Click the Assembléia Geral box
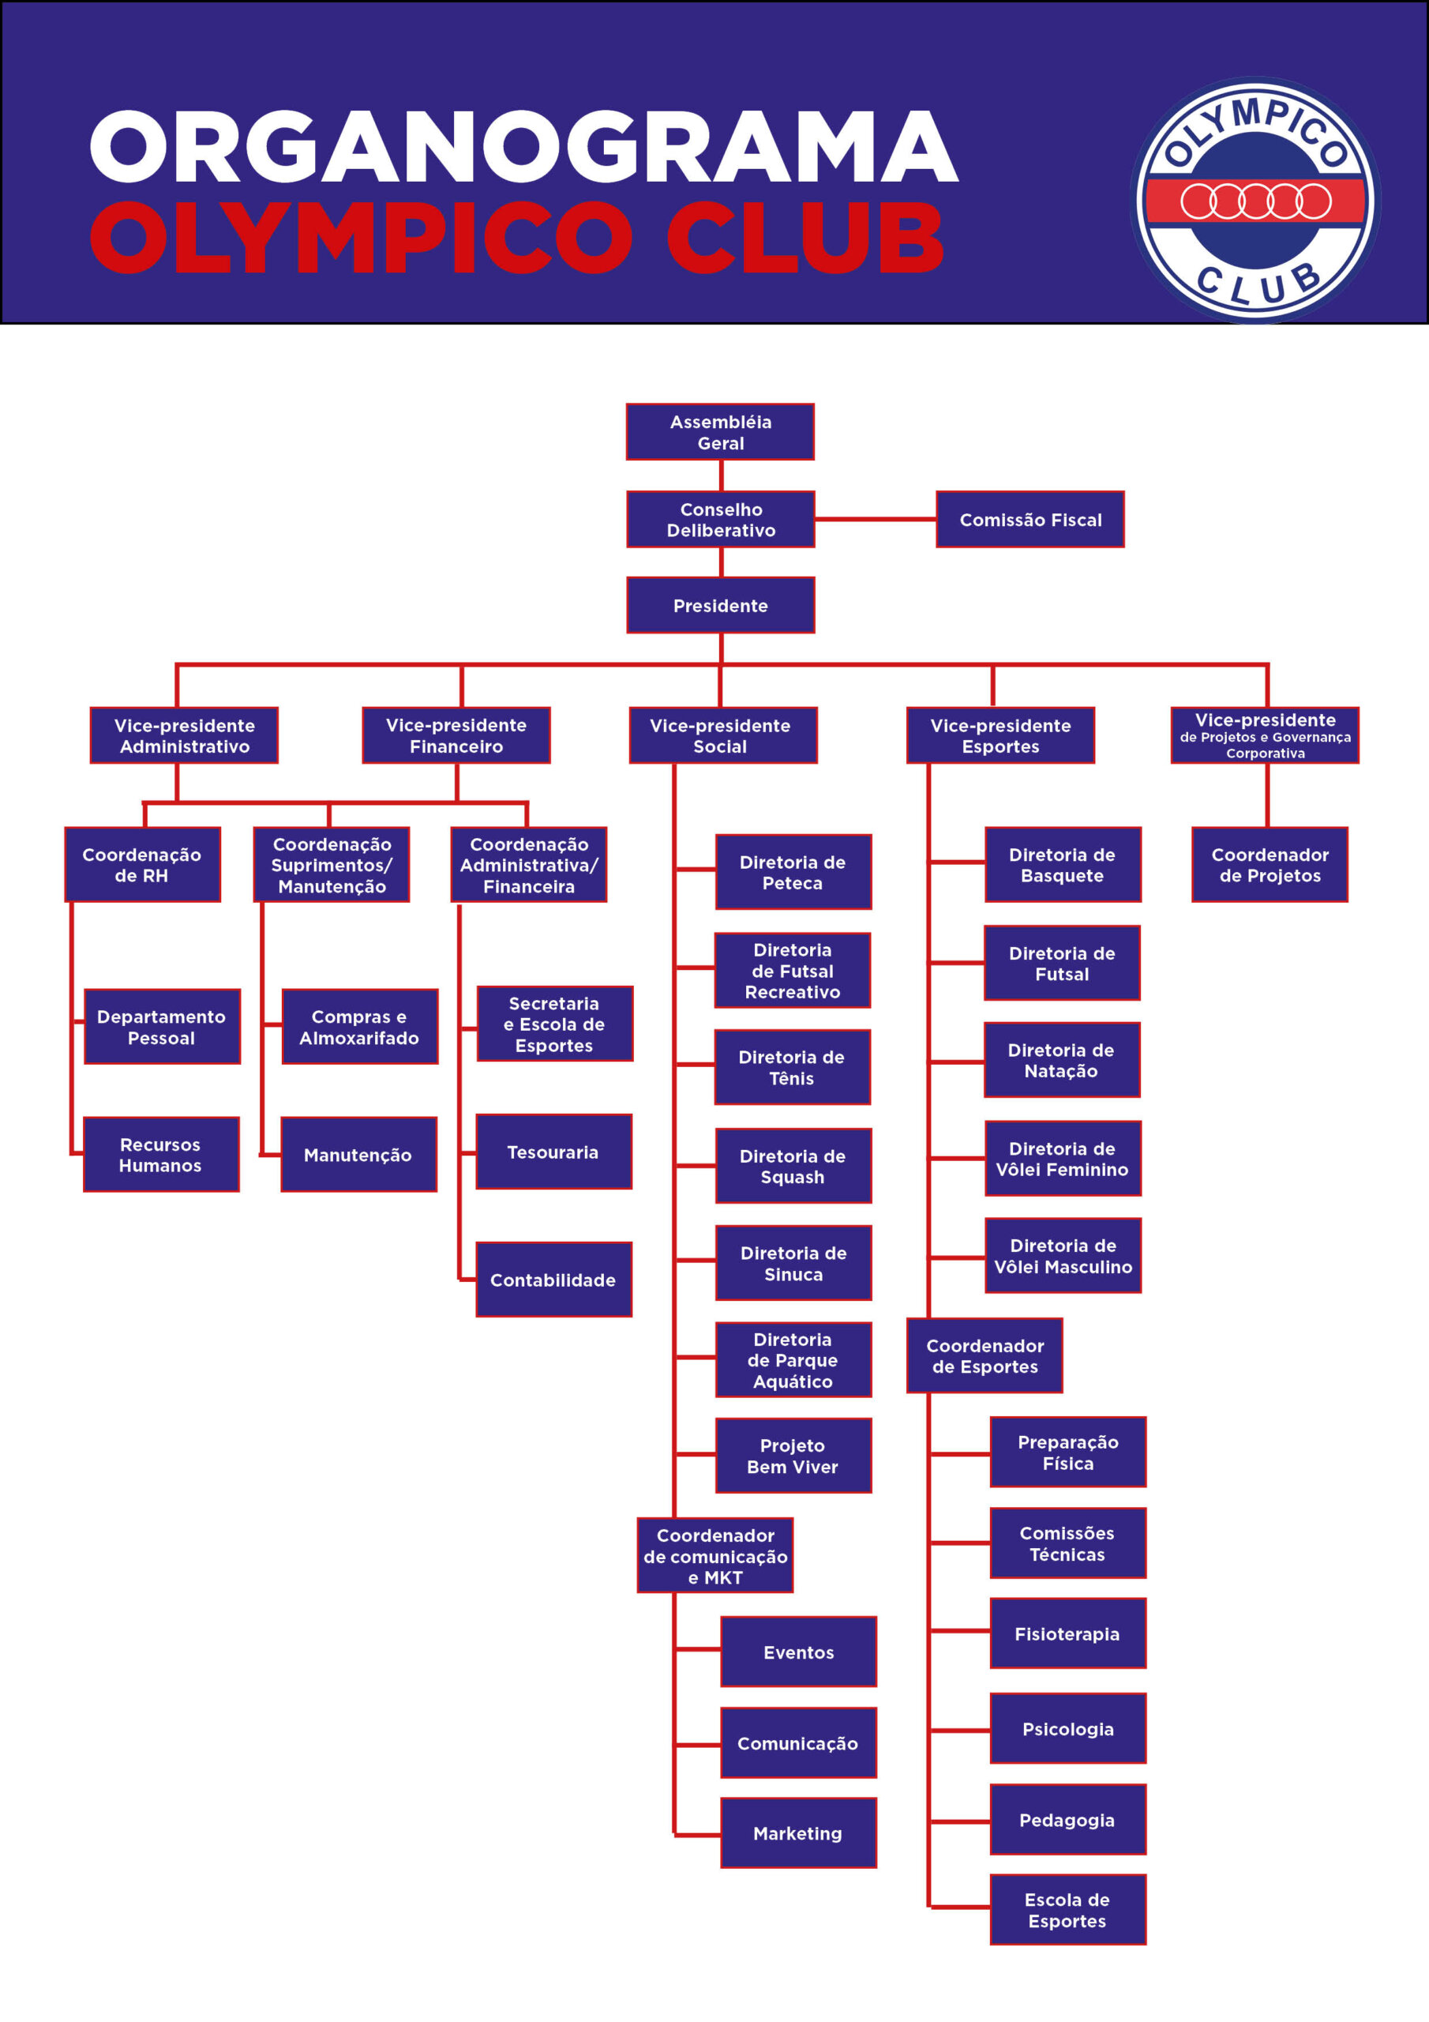pos(720,431)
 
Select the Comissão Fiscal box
pos(1030,520)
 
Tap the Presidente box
pos(720,605)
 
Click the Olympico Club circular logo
pos(1255,201)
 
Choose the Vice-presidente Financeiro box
pos(456,735)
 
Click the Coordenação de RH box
pos(143,865)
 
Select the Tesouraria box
pos(553,1152)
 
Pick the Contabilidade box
pos(553,1280)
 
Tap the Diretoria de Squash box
pos(793,1166)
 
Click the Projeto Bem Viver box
pos(793,1456)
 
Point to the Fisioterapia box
pos(1068,1633)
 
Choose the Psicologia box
pos(1068,1729)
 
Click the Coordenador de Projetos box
pos(1270,865)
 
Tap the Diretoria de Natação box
pos(1062,1060)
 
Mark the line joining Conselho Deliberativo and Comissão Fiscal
pos(876,520)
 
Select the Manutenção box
pos(358,1155)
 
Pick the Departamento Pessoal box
pos(162,1027)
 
